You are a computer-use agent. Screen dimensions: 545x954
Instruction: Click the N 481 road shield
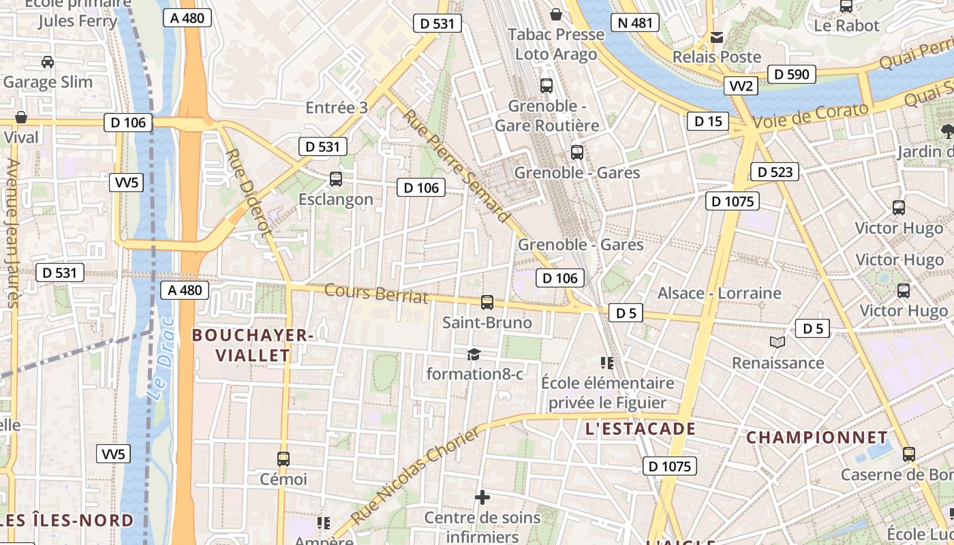(x=635, y=22)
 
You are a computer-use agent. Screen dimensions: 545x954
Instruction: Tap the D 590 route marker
(x=791, y=74)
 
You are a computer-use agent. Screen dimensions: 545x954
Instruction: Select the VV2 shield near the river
(x=741, y=86)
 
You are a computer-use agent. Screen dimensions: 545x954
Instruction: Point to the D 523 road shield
(x=775, y=172)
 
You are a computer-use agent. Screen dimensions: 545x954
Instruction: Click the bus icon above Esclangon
(x=335, y=179)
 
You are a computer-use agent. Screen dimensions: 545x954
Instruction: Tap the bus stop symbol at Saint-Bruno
(x=487, y=302)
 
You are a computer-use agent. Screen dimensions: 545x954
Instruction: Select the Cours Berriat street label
(x=376, y=293)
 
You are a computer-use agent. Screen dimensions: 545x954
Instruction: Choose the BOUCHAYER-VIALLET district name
(x=253, y=345)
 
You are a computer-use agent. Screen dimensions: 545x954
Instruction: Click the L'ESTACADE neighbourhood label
(x=641, y=429)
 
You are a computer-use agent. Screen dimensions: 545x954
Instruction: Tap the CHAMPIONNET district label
(x=817, y=437)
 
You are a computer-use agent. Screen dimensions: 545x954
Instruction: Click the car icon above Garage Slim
(x=47, y=62)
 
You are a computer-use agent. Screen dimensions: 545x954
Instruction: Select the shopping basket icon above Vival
(x=21, y=117)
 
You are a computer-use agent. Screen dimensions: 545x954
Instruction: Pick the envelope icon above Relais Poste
(x=716, y=37)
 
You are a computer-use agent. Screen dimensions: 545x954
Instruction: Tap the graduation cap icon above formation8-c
(x=474, y=354)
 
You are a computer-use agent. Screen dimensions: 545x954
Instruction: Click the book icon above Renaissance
(x=777, y=343)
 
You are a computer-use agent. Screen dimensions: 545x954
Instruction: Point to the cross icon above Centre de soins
(x=482, y=497)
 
